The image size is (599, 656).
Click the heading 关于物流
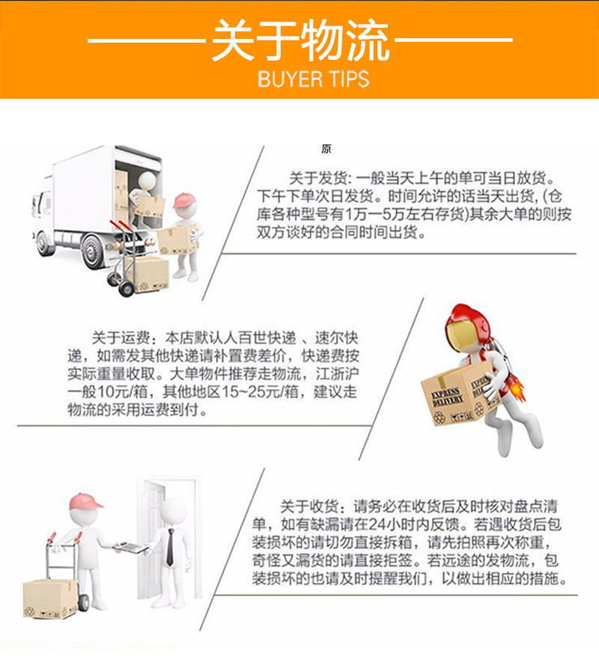299,41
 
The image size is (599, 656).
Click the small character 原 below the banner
326,149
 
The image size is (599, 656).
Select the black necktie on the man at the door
170,545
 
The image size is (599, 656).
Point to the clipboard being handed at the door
130,548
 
